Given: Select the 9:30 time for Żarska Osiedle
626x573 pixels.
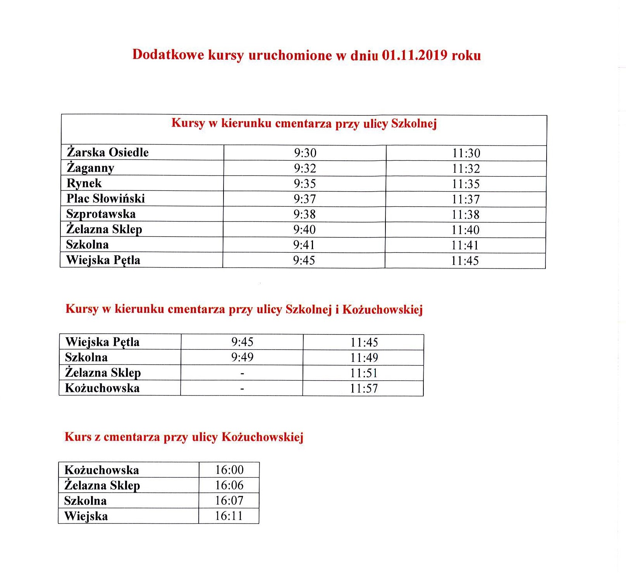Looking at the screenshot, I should pos(305,153).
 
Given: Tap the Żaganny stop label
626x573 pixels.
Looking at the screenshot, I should pos(90,168).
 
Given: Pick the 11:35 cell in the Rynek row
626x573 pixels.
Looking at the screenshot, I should pos(466,184).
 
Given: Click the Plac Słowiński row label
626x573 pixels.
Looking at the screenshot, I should pos(105,199).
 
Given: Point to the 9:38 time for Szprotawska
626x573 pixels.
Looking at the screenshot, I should pos(304,214).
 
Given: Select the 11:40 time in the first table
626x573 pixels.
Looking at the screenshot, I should pos(465,230).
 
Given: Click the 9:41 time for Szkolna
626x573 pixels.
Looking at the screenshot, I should pos(304,245).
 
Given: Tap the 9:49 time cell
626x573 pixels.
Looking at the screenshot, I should pos(242,357).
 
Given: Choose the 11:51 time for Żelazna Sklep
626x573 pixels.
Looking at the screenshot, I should pos(364,373).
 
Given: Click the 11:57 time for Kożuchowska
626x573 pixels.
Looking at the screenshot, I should pos(364,388).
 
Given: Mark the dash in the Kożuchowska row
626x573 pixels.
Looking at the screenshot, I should pos(242,388).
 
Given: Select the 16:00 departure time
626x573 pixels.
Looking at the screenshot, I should pos(229,470).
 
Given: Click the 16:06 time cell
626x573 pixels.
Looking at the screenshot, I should pos(229,485).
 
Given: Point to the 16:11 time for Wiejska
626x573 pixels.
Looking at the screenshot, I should pos(229,516).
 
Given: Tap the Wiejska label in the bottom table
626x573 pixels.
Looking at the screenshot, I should pos(86,516).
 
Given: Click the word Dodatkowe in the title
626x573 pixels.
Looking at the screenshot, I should pos(168,55).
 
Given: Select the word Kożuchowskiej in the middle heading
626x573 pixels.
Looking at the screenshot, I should pos(382,309).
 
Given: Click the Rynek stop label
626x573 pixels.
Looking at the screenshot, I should pos(84,183).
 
